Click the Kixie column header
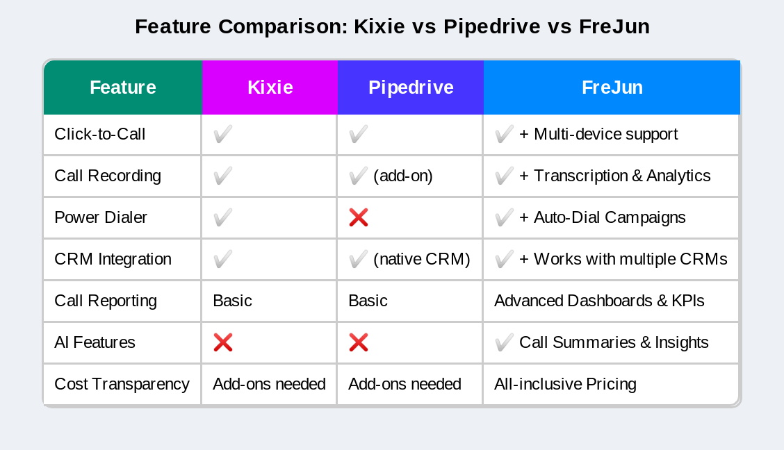click(270, 87)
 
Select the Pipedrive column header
click(410, 87)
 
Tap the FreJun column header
click(612, 87)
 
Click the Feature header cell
click(123, 87)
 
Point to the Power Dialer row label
click(101, 217)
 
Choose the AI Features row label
click(95, 342)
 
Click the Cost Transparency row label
click(122, 384)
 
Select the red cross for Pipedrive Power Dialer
click(359, 217)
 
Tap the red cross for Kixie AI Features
click(223, 342)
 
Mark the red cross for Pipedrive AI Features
click(359, 342)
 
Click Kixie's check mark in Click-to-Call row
click(223, 134)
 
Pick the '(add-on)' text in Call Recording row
click(403, 176)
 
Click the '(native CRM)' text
click(422, 259)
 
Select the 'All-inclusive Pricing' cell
click(565, 384)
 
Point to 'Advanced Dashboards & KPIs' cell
click(599, 301)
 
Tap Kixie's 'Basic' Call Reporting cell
click(232, 301)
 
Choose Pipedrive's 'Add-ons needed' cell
click(405, 384)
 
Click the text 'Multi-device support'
click(605, 134)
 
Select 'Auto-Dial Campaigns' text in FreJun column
click(610, 217)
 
